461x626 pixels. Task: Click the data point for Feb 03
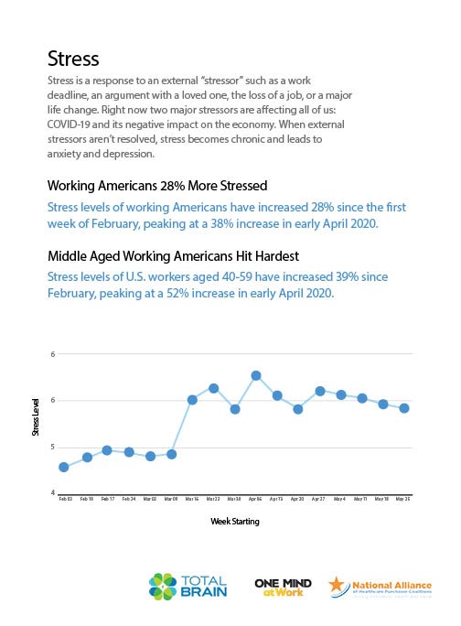(64, 467)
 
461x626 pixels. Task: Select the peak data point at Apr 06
(256, 375)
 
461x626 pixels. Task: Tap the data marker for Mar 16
(192, 400)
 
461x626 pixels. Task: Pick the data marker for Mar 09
(171, 454)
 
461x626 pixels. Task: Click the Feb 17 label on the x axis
(107, 500)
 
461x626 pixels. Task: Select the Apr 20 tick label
(298, 500)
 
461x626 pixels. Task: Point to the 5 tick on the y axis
(52, 448)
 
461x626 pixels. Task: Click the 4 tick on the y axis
(52, 493)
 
